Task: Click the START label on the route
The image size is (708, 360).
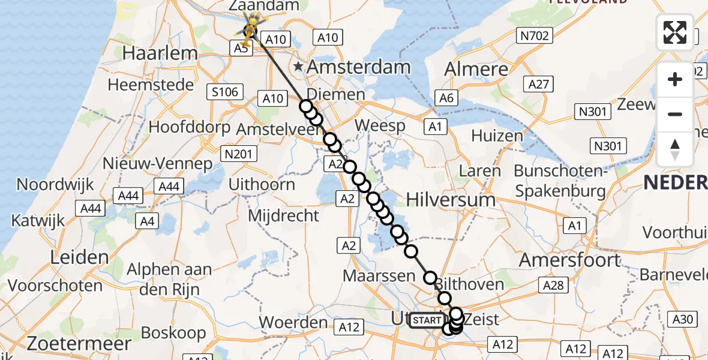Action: pos(427,320)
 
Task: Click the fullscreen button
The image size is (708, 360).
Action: pos(675,32)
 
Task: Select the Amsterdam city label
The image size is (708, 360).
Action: pos(359,67)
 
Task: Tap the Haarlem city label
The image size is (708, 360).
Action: pos(160,53)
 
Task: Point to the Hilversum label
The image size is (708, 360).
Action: pos(451,199)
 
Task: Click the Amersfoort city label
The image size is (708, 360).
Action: pos(570,260)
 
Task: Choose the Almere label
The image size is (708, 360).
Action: pos(476,68)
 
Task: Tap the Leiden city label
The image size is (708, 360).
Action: pos(79,257)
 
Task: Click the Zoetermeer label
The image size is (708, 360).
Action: pos(79,343)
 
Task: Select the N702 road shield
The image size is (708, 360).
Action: pos(533,37)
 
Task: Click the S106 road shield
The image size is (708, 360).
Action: pos(224,92)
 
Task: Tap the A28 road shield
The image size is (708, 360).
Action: pos(553,285)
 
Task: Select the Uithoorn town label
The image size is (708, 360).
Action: pos(262,184)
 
